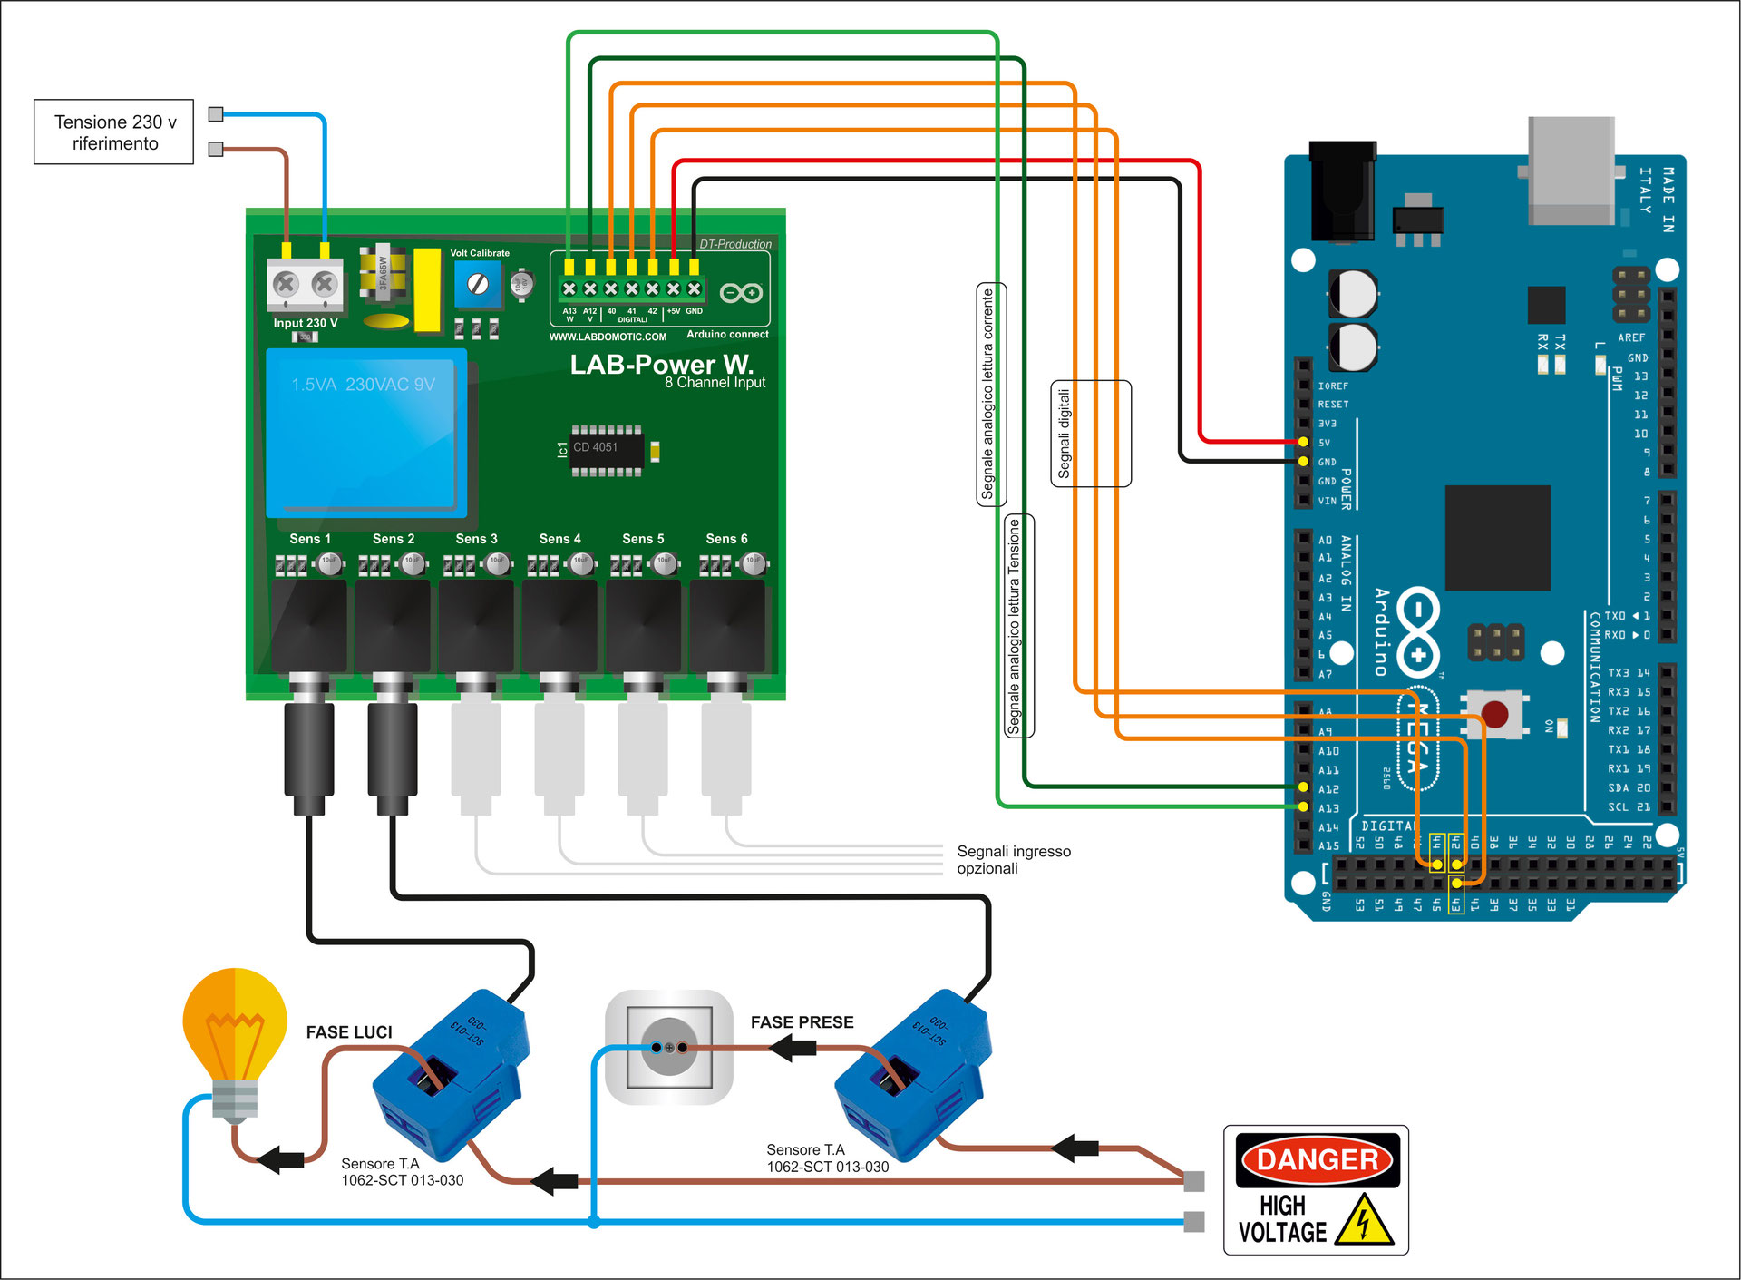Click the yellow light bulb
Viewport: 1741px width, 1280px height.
pyautogui.click(x=235, y=1034)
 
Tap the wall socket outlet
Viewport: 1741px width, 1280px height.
pyautogui.click(x=669, y=1047)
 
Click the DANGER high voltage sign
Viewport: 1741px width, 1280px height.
pyautogui.click(x=1316, y=1190)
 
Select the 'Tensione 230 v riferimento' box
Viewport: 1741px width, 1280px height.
pyautogui.click(x=114, y=132)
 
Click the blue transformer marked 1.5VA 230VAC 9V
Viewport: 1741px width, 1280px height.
pyautogui.click(x=366, y=434)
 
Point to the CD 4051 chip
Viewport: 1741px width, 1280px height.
pyautogui.click(x=606, y=448)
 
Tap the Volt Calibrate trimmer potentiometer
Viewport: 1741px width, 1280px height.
pyautogui.click(x=478, y=284)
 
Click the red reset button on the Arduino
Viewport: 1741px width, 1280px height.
pyautogui.click(x=1494, y=713)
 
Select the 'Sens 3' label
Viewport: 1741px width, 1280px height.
pyautogui.click(x=476, y=539)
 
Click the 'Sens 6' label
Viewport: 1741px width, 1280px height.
pyautogui.click(x=726, y=539)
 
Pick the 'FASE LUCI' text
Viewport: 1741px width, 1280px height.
pyautogui.click(x=349, y=1032)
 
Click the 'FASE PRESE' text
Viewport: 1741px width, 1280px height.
pyautogui.click(x=802, y=1022)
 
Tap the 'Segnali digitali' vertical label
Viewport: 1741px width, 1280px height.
pyautogui.click(x=1065, y=434)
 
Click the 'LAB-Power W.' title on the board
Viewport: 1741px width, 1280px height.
pyautogui.click(x=661, y=365)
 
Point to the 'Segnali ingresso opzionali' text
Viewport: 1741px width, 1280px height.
pyautogui.click(x=1013, y=860)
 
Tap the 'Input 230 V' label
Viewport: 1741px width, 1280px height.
pyautogui.click(x=306, y=323)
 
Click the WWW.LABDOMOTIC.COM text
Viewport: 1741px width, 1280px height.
pyautogui.click(x=608, y=337)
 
